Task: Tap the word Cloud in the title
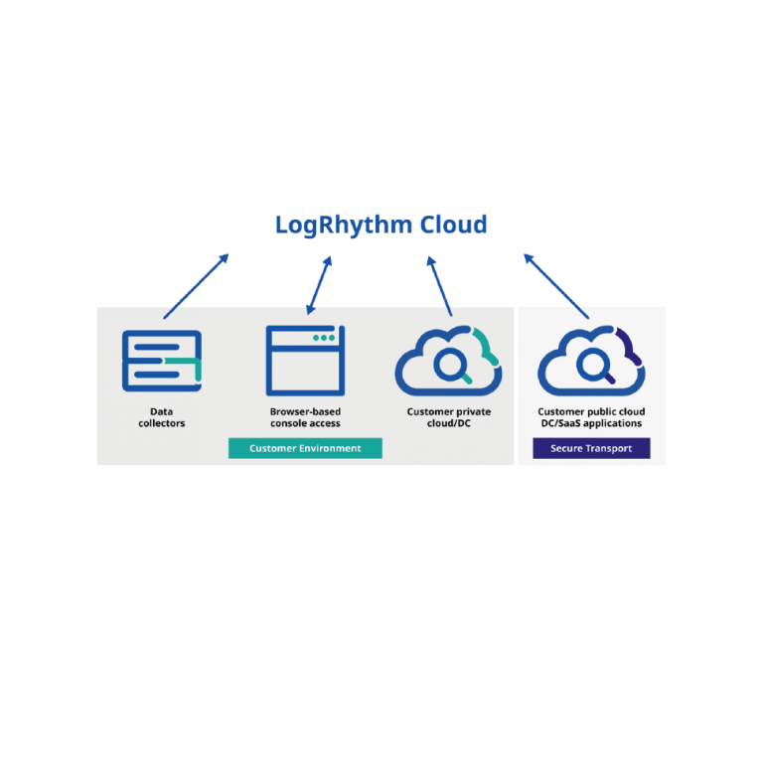(452, 225)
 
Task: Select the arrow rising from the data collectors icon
(196, 286)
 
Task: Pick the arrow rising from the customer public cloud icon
(556, 286)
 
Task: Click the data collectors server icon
(161, 361)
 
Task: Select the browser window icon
(305, 361)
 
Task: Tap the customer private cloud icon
(448, 361)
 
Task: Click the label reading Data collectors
(161, 417)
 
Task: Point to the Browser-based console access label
(305, 417)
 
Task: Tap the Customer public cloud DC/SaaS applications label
(591, 417)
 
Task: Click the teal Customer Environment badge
(305, 448)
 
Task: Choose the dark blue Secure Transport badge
(591, 448)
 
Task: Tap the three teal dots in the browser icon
(324, 338)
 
